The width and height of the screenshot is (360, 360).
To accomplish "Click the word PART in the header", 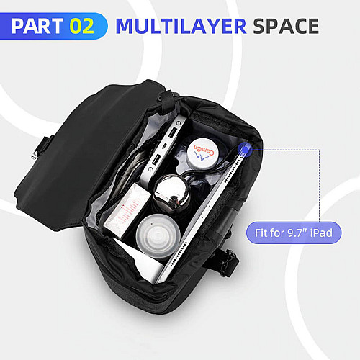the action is click(x=37, y=26).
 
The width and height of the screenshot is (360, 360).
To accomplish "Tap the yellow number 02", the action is click(x=82, y=26).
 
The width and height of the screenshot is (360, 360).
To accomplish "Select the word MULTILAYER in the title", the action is click(x=181, y=26).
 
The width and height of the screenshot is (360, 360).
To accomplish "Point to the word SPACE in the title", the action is click(x=286, y=26).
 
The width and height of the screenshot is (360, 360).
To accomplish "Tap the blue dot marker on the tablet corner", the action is click(x=245, y=150).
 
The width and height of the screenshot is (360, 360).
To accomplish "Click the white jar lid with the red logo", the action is click(x=202, y=153).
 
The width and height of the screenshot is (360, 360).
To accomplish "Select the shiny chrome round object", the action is click(x=171, y=192).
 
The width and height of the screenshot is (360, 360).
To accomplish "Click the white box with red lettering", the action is click(x=127, y=210).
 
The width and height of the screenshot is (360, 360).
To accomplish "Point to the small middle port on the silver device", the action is click(x=164, y=145).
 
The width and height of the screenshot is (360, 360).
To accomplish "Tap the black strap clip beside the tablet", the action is click(x=228, y=263).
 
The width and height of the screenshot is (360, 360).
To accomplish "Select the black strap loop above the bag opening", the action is click(x=166, y=102).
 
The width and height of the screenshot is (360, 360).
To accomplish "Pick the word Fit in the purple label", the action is click(x=260, y=233).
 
